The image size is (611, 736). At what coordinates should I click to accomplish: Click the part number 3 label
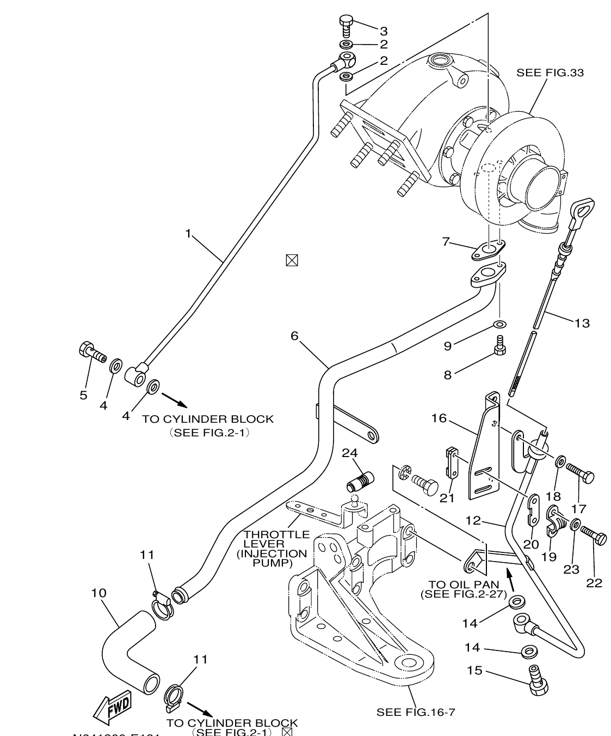[384, 31]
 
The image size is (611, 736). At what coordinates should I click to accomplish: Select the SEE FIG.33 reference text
[550, 72]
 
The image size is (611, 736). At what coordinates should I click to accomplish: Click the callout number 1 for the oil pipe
[188, 234]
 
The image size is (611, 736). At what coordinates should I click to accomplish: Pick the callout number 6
[294, 336]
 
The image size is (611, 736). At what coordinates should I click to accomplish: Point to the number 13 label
[582, 323]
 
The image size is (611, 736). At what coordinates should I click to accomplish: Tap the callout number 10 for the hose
[98, 593]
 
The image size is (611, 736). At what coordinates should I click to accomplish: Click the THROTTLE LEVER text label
[276, 549]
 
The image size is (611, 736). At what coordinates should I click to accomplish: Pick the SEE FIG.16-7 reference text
[415, 712]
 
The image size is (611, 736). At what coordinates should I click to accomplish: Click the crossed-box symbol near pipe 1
[292, 260]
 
